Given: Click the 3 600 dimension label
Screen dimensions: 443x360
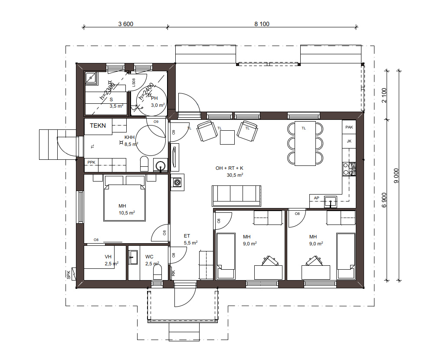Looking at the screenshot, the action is (126, 24).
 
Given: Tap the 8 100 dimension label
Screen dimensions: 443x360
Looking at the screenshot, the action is (262, 24).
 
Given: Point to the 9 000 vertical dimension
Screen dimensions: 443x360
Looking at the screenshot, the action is (396, 175).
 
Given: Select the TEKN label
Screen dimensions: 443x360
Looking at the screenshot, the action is (98, 126).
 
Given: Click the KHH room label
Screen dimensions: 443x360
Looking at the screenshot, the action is (129, 137).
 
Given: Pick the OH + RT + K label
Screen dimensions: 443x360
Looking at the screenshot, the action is (229, 168).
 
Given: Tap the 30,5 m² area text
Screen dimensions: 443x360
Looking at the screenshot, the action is (235, 175).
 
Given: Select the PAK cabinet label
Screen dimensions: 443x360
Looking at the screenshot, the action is (349, 127).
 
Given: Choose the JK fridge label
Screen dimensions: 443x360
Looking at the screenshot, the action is (349, 141).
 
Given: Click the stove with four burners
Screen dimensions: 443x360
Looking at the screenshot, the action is (349, 169).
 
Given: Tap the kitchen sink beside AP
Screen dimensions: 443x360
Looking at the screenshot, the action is (331, 201).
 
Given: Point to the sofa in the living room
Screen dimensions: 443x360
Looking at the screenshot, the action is (236, 196).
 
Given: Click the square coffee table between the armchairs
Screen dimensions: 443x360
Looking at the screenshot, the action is (227, 137).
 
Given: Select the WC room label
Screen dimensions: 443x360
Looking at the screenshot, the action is (149, 257).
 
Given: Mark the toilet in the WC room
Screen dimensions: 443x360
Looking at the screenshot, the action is (158, 272).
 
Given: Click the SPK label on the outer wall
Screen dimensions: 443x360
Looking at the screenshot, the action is (69, 274).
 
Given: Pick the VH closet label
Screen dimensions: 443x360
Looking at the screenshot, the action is (108, 257).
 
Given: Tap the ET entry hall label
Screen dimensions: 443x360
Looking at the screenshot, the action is (187, 236).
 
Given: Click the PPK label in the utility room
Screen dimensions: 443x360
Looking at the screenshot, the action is (91, 162).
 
